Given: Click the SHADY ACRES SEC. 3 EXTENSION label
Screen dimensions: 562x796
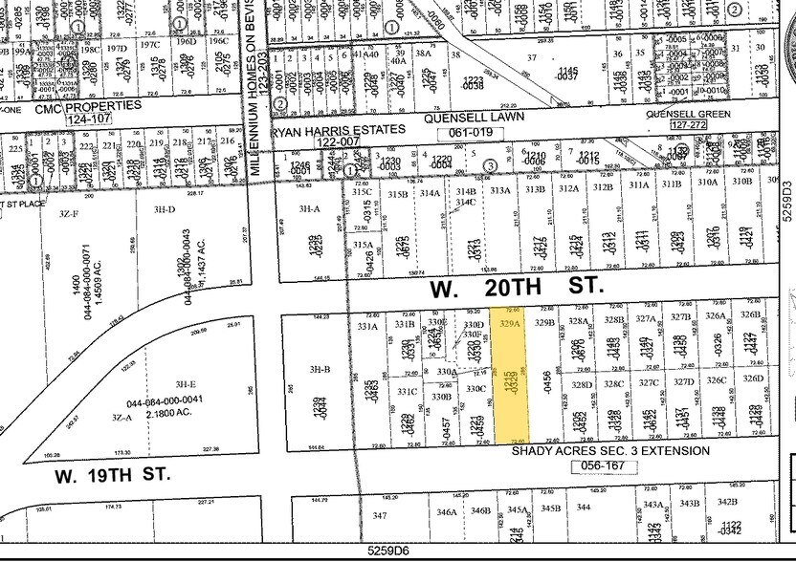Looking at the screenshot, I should click(x=610, y=451).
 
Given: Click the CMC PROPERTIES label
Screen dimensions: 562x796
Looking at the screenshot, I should click(x=87, y=105).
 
